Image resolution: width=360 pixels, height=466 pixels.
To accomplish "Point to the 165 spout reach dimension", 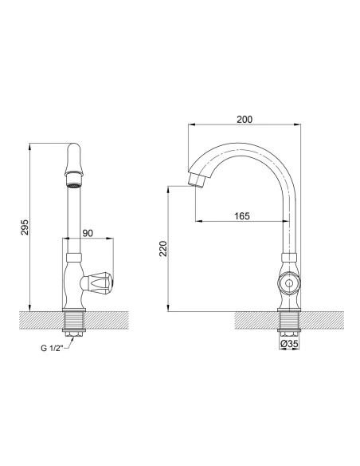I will pos(242,215).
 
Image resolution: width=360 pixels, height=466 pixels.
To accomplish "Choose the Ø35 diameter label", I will pos(290,344).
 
